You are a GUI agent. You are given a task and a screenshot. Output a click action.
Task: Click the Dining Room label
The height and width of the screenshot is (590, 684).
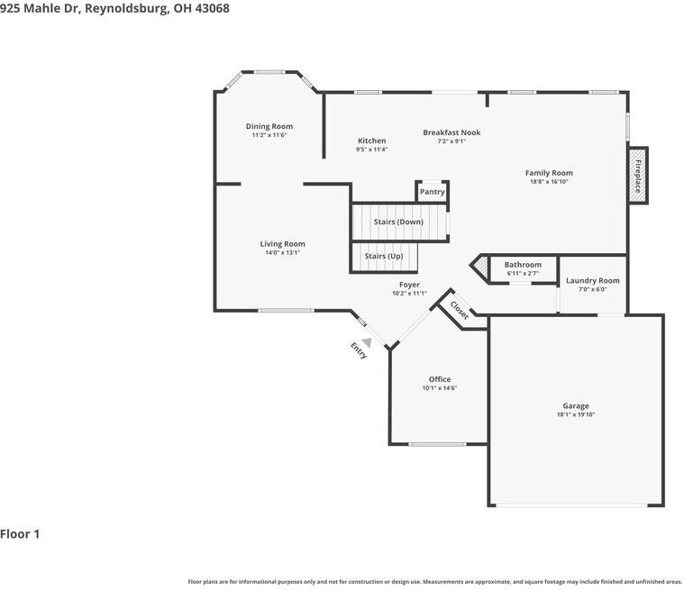point(269,126)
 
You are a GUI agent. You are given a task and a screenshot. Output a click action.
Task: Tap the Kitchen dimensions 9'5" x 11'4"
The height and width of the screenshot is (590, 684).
point(371,150)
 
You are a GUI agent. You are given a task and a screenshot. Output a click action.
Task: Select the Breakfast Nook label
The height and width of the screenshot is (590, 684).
point(451,132)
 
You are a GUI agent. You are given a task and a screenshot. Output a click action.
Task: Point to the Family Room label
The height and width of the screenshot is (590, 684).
point(549,173)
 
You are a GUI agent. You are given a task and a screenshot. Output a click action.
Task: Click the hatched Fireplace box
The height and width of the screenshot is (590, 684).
point(638,176)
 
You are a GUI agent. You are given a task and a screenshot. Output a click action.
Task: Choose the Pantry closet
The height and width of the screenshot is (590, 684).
point(432,192)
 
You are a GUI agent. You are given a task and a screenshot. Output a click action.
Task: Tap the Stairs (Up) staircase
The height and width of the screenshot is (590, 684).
point(384,257)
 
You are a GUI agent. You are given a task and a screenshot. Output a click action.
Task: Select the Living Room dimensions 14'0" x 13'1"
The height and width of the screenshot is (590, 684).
point(283,252)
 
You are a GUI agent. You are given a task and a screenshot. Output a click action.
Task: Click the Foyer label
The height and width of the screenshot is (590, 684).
point(409,285)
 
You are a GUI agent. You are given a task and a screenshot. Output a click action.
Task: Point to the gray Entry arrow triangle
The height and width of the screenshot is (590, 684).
point(368,343)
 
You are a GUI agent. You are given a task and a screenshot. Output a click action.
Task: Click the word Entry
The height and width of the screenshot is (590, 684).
point(359,350)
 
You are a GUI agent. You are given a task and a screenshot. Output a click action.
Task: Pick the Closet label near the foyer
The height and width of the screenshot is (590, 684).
point(460,310)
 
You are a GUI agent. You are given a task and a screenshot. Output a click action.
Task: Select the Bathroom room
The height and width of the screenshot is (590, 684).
point(523,269)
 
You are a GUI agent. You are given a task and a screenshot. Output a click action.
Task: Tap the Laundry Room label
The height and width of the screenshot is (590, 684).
point(592,281)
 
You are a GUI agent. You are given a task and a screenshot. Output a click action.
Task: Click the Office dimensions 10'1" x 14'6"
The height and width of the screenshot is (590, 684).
point(440,388)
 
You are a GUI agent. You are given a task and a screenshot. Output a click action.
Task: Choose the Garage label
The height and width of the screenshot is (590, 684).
point(576,406)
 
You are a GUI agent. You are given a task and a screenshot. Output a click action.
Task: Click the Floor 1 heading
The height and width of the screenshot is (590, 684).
point(20,534)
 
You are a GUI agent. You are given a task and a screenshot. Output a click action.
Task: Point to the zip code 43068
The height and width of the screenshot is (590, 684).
point(212,8)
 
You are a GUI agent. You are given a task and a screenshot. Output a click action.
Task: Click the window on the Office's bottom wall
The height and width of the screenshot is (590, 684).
point(437,444)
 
